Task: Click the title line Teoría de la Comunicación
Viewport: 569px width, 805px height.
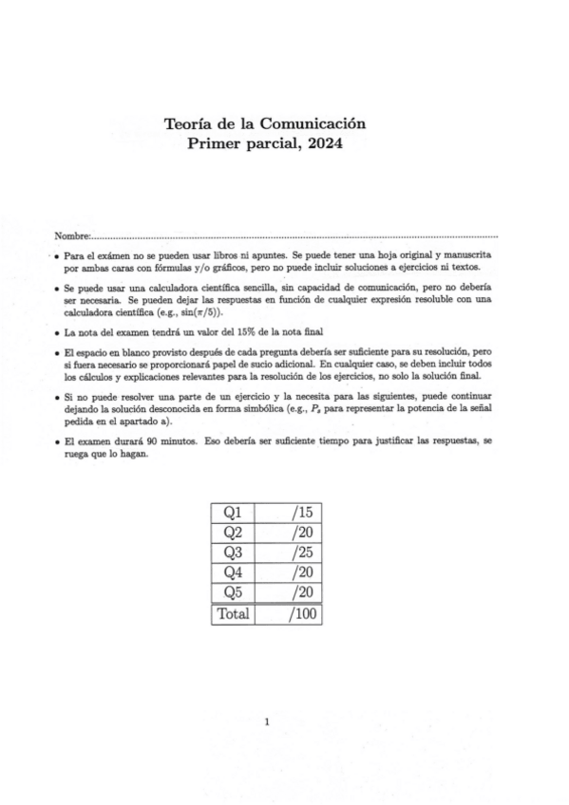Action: pyautogui.click(x=265, y=123)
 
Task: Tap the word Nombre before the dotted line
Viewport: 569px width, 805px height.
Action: pyautogui.click(x=71, y=234)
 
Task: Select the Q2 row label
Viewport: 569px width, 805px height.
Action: pyautogui.click(x=232, y=533)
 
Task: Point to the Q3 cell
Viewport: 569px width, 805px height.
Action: pyautogui.click(x=232, y=552)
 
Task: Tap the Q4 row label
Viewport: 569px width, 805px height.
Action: pyautogui.click(x=232, y=572)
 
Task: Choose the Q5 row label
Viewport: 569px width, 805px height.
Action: pyautogui.click(x=232, y=592)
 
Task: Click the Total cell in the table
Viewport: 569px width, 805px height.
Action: pyautogui.click(x=233, y=613)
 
